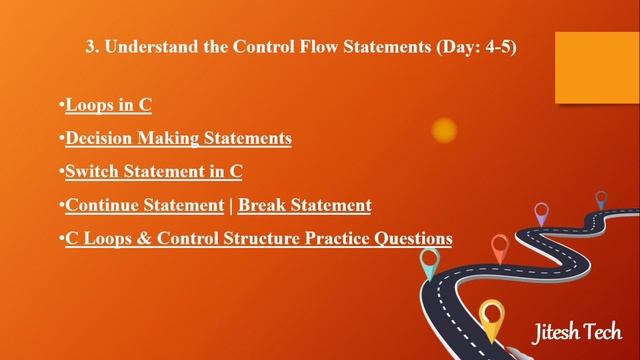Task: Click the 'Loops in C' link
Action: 108,104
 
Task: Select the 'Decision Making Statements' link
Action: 178,138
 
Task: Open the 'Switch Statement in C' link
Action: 154,171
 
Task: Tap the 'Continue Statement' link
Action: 144,205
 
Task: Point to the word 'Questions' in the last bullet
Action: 410,238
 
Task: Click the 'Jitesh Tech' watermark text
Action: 575,331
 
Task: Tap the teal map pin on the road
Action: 430,262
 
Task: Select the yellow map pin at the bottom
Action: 490,318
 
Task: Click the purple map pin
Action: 541,212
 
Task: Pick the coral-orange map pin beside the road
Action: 500,245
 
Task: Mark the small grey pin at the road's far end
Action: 601,198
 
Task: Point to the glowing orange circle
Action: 444,130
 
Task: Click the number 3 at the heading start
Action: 82,48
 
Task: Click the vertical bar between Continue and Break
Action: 231,205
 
